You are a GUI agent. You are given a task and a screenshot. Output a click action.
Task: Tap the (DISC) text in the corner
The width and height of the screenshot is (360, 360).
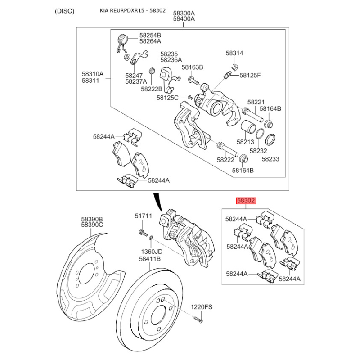(x=64, y=11)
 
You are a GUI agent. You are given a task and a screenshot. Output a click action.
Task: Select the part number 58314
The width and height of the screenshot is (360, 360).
(x=234, y=53)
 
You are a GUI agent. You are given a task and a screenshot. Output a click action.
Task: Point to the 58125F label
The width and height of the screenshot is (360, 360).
(x=250, y=75)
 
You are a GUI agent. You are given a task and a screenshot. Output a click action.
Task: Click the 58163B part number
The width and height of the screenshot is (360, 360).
(x=193, y=67)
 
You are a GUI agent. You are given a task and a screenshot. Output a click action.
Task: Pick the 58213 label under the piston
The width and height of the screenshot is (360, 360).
(x=246, y=142)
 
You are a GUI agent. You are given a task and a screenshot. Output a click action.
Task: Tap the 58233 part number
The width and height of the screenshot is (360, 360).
(x=270, y=159)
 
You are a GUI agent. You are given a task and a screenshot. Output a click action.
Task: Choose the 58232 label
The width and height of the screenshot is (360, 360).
(x=258, y=151)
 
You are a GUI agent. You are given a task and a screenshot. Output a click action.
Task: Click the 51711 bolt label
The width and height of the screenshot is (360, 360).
(x=144, y=216)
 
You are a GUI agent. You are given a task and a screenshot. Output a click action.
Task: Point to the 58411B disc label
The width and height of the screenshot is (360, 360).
(x=150, y=259)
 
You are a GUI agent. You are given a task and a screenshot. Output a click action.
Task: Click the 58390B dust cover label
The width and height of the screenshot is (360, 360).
(x=92, y=218)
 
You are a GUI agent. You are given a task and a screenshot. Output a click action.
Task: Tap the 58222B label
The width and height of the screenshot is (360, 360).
(x=152, y=89)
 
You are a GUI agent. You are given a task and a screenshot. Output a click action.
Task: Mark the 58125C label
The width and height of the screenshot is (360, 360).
(x=168, y=98)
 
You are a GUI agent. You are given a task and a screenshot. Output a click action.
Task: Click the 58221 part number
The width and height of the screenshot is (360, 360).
(x=256, y=102)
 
